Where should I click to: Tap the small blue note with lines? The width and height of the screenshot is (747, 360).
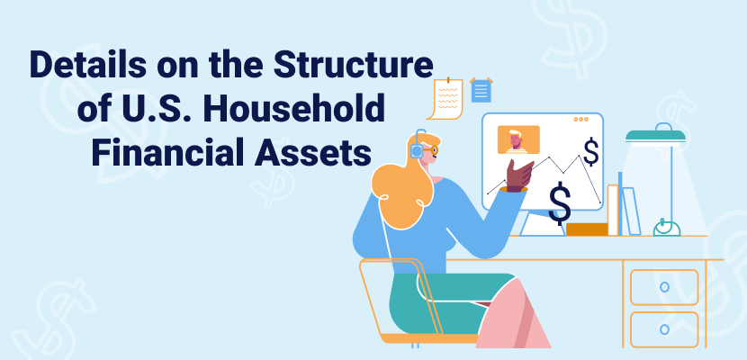481,91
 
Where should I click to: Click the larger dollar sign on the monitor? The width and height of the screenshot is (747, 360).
560,203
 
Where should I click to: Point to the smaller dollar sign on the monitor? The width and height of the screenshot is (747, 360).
591,151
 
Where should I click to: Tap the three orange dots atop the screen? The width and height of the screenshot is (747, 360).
581,119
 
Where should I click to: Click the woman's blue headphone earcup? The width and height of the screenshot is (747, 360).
417,151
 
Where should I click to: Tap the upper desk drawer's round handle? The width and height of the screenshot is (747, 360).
664,286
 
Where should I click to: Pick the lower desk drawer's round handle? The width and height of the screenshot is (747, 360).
664,328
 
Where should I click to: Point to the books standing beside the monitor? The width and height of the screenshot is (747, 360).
622,210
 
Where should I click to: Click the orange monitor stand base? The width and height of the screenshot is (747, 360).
586,229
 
